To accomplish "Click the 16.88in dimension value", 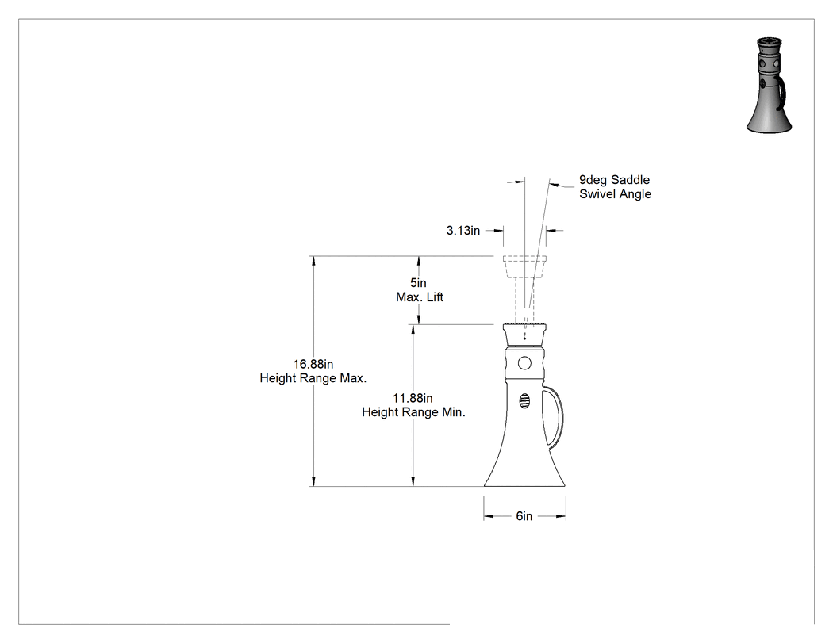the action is click(313, 364).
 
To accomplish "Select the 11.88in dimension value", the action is click(413, 398).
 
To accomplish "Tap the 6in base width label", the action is click(524, 516).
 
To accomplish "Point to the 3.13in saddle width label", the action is click(463, 231).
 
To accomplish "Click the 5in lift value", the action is click(418, 283).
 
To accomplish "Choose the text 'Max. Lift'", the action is click(420, 297).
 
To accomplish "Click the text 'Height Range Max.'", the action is click(313, 378).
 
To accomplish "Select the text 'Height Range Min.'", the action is click(414, 412).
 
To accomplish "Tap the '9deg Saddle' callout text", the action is click(615, 180).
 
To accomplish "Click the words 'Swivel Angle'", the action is click(615, 194).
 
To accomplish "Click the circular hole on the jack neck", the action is click(524, 363).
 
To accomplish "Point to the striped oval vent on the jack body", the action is click(524, 401).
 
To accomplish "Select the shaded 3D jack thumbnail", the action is click(770, 85).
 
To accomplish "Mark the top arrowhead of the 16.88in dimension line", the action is click(313, 261).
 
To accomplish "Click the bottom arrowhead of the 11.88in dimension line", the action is click(413, 481).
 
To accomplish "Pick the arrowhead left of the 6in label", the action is click(489, 516).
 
